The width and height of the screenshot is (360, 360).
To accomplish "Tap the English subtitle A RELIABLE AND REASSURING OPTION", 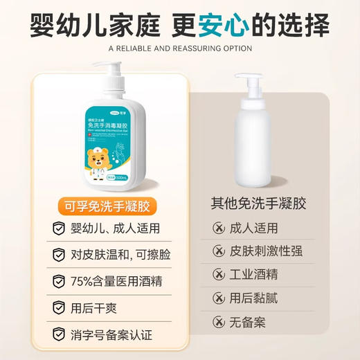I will [180, 48].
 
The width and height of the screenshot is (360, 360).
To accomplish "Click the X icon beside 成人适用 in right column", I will [219, 228].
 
